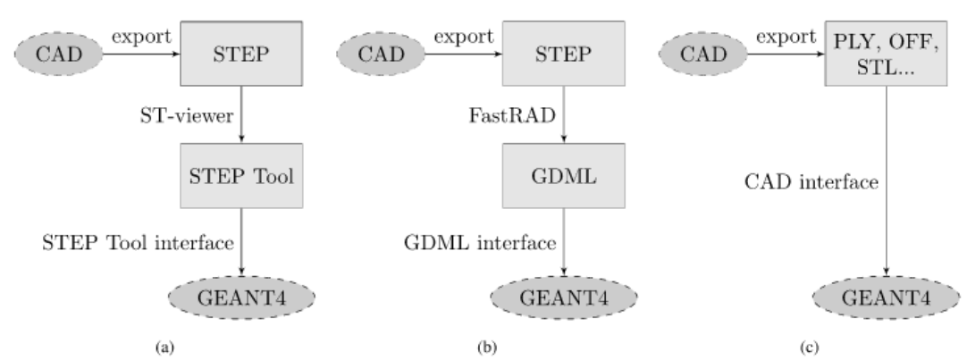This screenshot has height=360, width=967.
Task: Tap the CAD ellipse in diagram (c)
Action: click(x=702, y=55)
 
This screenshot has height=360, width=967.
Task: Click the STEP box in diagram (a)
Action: click(x=242, y=55)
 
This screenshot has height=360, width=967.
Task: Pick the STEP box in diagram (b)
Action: click(x=564, y=55)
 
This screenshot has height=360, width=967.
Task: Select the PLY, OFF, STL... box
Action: click(x=887, y=55)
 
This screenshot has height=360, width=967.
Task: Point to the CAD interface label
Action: click(x=812, y=183)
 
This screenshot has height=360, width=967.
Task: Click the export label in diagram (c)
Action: click(x=782, y=37)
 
